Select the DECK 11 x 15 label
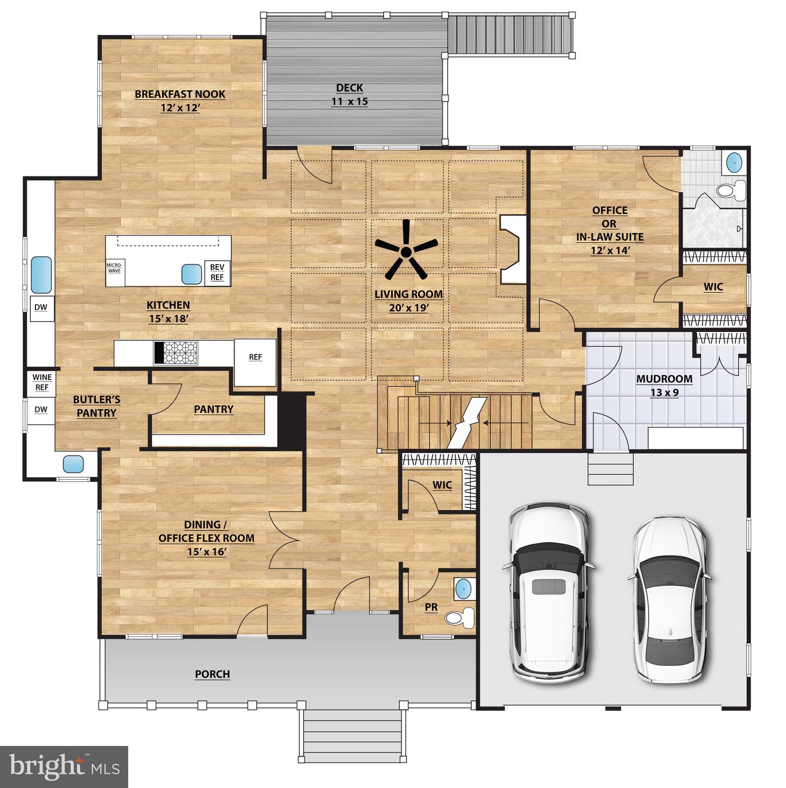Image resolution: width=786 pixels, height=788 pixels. pos(350,95)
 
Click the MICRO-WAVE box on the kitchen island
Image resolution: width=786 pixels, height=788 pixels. pos(114,267)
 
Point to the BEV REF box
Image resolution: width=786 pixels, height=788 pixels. pos(217,272)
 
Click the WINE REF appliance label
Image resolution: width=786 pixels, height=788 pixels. pos(42,382)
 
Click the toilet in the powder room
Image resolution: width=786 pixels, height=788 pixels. pos(458,618)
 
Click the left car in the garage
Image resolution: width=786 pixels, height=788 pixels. pos(549,592)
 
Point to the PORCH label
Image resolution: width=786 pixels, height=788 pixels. pos(212,674)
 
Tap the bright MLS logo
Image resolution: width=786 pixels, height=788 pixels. pos(64,767)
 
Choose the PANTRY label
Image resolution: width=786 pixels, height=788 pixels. pos(213,409)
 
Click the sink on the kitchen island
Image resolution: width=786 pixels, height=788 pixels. pos(191,274)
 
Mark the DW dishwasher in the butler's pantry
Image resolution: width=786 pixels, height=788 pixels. pos(41,409)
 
